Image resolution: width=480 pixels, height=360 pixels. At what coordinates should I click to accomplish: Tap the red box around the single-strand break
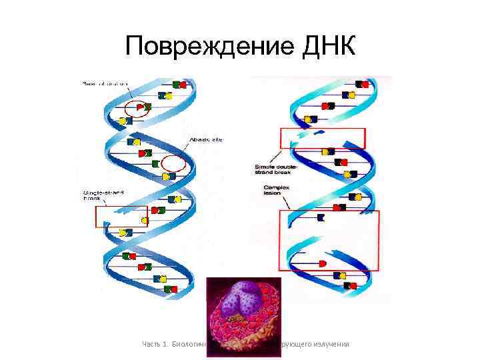point(121,217)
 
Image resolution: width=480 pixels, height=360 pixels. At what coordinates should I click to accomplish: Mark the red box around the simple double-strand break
point(323,137)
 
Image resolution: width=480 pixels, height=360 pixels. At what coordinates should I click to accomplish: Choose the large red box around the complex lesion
point(328,240)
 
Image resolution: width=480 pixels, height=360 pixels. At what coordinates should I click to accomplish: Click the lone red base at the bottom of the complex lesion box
point(323,264)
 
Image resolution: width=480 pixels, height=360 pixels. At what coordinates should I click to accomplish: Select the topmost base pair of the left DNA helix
point(180,85)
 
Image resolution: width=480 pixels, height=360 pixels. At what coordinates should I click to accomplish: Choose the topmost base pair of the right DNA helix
point(362,85)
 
